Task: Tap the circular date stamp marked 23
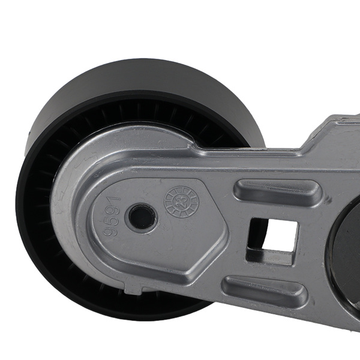pyautogui.click(x=181, y=202)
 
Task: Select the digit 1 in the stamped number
pyautogui.click(x=114, y=200)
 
